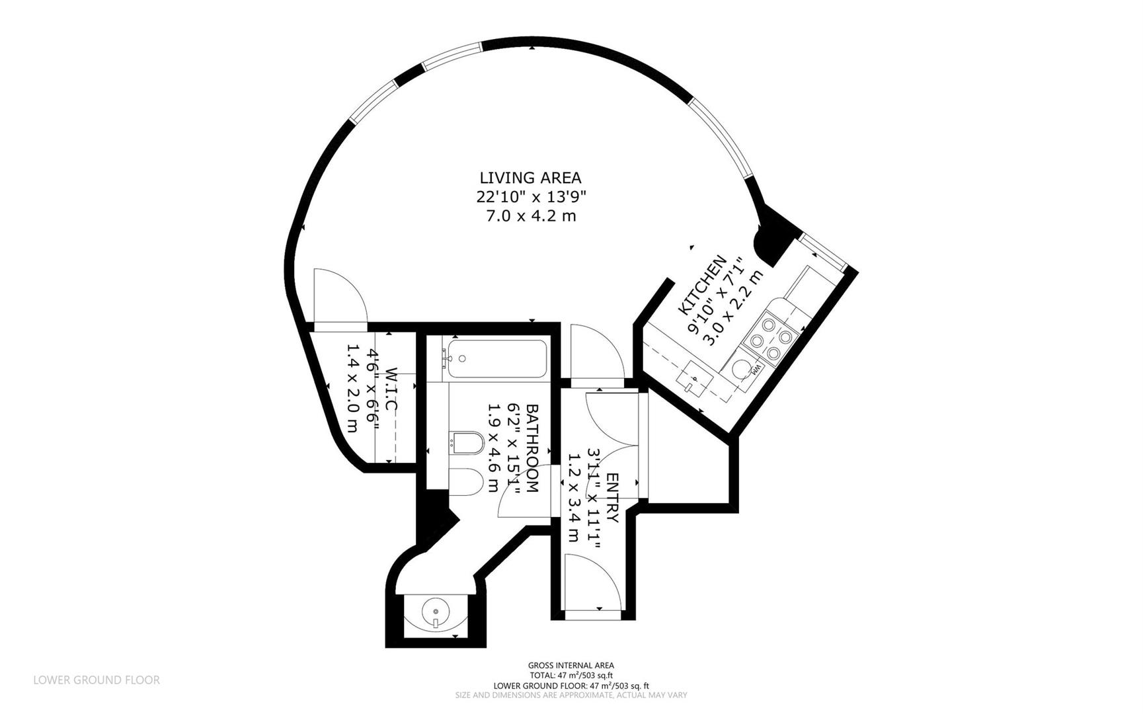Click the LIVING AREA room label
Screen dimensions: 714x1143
click(530, 178)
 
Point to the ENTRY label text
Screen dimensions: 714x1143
click(612, 498)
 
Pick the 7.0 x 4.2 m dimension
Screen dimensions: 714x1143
click(531, 216)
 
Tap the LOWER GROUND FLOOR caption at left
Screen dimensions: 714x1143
click(97, 680)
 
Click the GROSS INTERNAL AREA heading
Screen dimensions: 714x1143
click(571, 666)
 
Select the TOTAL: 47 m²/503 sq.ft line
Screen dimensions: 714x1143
click(571, 676)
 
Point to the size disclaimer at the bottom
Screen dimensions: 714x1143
click(571, 695)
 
